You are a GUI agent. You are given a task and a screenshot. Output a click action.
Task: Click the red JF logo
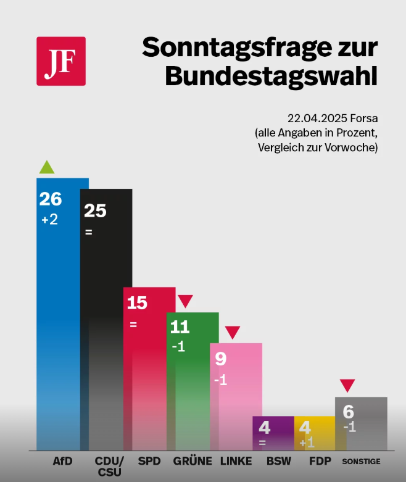point(61,61)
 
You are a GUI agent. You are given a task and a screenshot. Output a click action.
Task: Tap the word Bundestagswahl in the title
point(271,77)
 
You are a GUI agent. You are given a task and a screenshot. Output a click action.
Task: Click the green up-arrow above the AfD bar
point(47,167)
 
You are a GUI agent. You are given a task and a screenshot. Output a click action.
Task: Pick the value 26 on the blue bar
point(51,199)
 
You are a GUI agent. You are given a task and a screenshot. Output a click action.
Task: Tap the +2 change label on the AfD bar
point(49,219)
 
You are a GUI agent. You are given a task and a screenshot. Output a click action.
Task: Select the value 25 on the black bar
point(95,211)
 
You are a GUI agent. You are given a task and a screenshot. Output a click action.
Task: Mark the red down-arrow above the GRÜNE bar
point(185,301)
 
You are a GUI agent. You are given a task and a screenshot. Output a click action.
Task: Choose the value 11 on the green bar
point(180,327)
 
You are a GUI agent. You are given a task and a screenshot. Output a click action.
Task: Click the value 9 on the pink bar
point(220,359)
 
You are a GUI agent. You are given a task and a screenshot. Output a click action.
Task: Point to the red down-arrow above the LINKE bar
point(232,332)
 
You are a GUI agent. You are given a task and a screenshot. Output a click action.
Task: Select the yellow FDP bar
point(315,433)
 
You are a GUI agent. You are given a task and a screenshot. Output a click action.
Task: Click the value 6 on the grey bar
point(349,412)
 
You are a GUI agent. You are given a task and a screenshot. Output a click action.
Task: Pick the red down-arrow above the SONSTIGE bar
point(348,386)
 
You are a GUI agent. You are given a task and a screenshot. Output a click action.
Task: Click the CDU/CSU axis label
point(109,467)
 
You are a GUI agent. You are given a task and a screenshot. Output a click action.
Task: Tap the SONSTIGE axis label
point(361,462)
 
